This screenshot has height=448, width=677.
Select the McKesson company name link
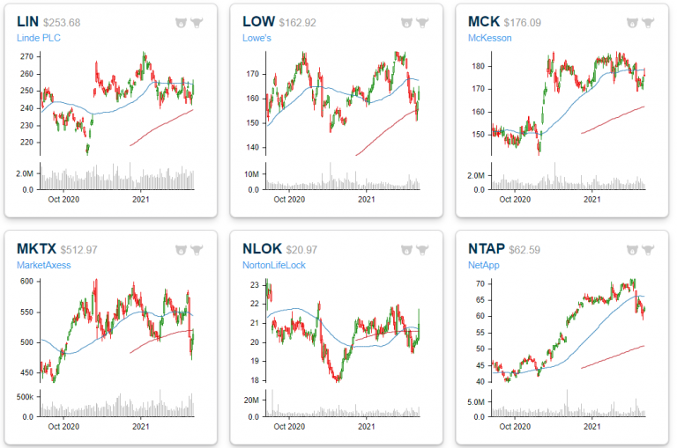[x=489, y=39]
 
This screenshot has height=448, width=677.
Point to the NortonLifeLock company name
[x=275, y=265]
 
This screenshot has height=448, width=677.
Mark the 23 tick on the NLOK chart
[x=253, y=285]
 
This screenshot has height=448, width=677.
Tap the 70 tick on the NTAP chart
[x=479, y=283]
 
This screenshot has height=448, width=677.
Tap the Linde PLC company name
[x=41, y=39]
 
